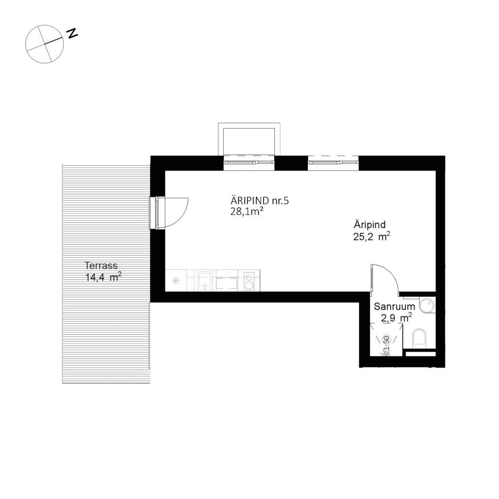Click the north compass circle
(x=44, y=44)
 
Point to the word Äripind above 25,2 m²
(x=370, y=225)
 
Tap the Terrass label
(x=101, y=266)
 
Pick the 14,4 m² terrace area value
(x=103, y=278)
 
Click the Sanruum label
(x=394, y=307)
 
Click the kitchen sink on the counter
(x=205, y=280)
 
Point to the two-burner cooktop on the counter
(x=249, y=281)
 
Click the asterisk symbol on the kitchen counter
(x=176, y=281)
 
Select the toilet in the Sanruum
(x=419, y=338)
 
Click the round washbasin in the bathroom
(x=427, y=305)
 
